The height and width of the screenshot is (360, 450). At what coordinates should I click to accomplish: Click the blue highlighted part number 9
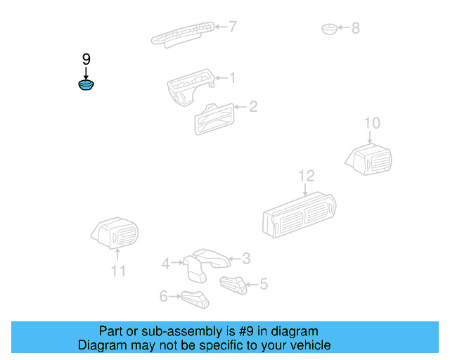point(86,86)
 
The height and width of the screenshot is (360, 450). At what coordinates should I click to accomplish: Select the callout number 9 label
point(86,60)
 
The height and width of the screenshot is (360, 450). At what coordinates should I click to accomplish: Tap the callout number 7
point(232,27)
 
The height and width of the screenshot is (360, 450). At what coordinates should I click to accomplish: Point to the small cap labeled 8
point(329,29)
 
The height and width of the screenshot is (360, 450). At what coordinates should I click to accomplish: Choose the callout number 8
point(355,28)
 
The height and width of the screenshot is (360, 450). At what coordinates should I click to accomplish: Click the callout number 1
point(232,78)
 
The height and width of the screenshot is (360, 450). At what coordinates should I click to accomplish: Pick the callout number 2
point(252,107)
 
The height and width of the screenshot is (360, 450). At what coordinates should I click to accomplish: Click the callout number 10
point(372,124)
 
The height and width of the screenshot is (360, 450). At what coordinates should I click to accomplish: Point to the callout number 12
point(307,176)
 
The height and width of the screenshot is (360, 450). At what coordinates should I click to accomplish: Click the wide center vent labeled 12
point(298,214)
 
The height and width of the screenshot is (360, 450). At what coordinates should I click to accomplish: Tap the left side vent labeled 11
point(116,233)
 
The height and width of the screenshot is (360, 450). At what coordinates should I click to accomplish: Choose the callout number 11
point(118,271)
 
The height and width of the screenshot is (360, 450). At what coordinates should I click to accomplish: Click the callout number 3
point(246,258)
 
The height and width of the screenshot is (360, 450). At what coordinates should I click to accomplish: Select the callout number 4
point(166,264)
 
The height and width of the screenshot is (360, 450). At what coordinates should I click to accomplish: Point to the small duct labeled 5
point(232,284)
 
